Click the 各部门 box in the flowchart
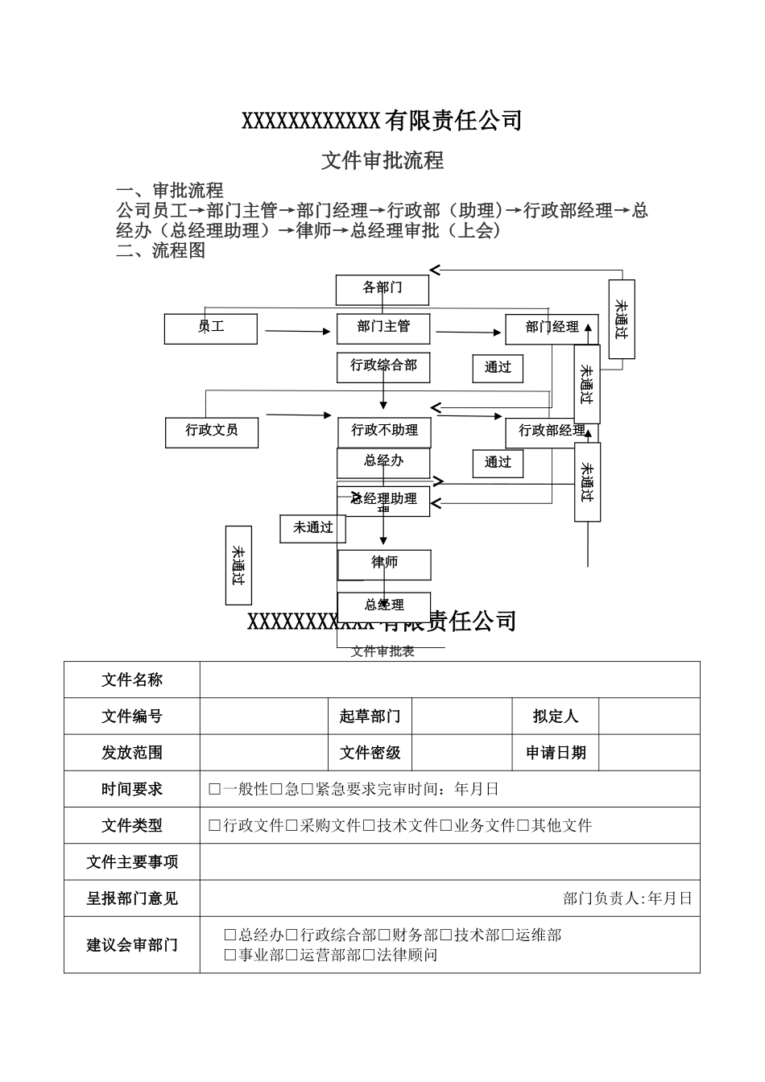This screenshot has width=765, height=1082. click(382, 289)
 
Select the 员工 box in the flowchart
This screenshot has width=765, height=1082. click(211, 328)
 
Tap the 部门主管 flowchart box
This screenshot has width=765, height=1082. click(383, 328)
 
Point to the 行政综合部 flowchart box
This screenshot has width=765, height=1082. click(383, 366)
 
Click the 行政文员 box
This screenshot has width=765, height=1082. click(212, 431)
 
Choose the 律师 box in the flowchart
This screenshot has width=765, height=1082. click(384, 564)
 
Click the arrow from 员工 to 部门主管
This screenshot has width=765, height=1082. click(298, 331)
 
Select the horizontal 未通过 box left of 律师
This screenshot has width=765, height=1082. click(312, 528)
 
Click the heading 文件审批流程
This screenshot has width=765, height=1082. click(382, 160)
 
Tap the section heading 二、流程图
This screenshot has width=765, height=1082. click(161, 250)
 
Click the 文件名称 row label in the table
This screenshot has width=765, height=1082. click(132, 680)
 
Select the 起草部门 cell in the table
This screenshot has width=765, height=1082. click(370, 717)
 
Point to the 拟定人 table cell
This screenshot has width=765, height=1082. click(555, 717)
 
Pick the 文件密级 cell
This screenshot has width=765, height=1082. click(370, 753)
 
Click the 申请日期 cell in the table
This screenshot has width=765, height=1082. click(556, 753)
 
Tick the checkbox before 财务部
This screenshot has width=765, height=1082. click(384, 935)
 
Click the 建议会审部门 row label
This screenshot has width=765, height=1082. click(132, 945)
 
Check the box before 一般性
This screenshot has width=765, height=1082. click(214, 790)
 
